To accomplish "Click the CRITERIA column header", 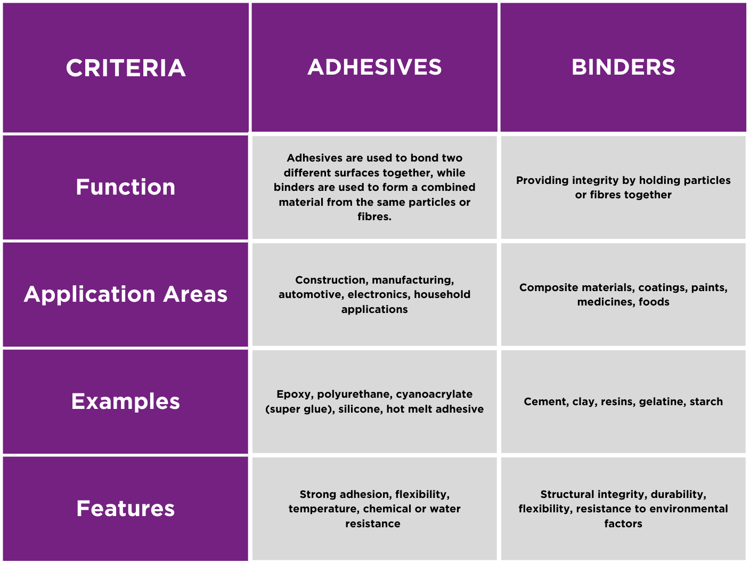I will click(126, 68).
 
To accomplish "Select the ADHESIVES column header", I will click(374, 67).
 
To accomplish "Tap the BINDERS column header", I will click(623, 67).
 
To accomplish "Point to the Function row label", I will click(126, 187).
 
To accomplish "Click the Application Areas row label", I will click(126, 294).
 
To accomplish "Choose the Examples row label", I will click(126, 401).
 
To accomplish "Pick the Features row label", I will click(126, 509).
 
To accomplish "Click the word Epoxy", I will click(294, 395).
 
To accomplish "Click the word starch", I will click(706, 401).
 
